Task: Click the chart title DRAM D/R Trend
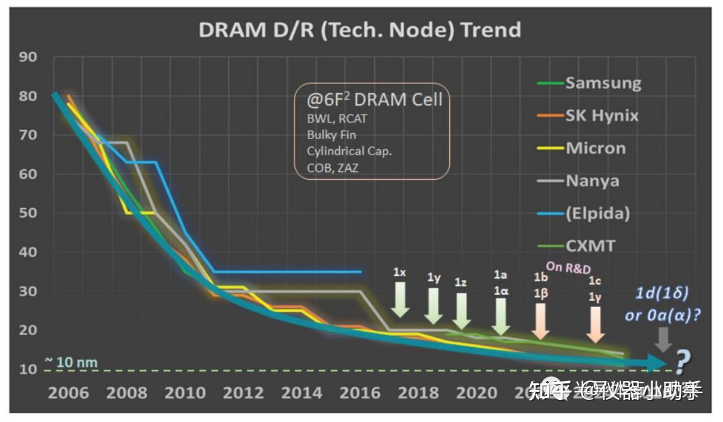[x=359, y=30]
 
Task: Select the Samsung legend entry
[x=602, y=83]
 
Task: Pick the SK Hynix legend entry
[x=601, y=116]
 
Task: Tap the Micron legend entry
[x=595, y=148]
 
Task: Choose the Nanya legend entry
[x=592, y=181]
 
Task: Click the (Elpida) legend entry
[x=597, y=213]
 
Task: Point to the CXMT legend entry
[x=590, y=245]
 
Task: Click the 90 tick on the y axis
[x=27, y=56]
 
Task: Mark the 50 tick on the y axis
[x=27, y=213]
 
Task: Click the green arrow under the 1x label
[x=400, y=299]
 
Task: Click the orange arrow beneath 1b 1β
[x=541, y=320]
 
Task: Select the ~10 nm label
[x=71, y=363]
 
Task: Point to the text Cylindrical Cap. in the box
[x=349, y=151]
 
